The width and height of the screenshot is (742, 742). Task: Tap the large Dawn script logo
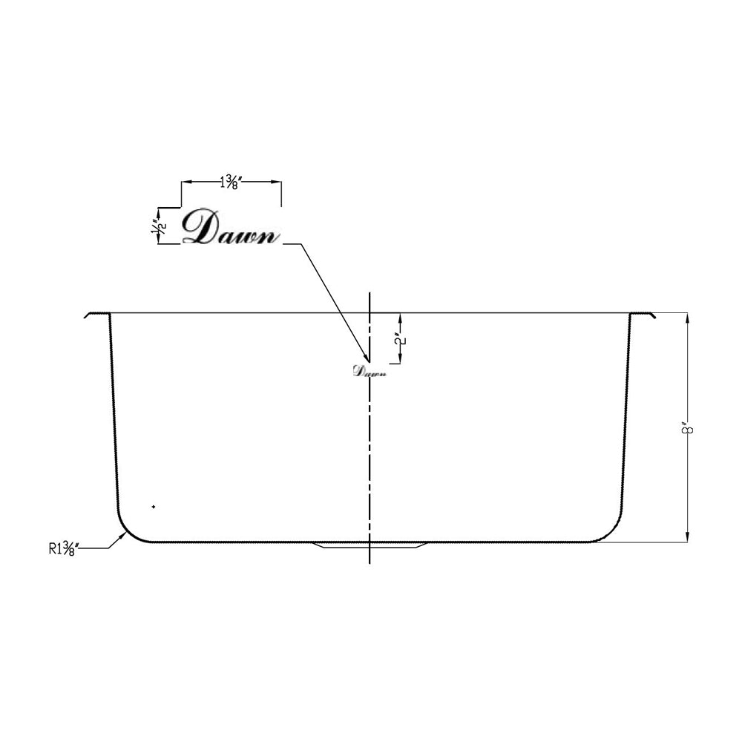pos(231,228)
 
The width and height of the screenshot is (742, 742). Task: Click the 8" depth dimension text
pos(689,429)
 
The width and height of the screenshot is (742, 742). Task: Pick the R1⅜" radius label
pos(64,549)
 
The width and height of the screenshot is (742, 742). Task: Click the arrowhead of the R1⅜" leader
pos(122,532)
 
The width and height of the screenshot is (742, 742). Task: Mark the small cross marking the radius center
pos(153,506)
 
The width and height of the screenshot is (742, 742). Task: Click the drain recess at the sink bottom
pos(369,546)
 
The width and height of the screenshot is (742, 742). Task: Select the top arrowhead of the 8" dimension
pos(689,317)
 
